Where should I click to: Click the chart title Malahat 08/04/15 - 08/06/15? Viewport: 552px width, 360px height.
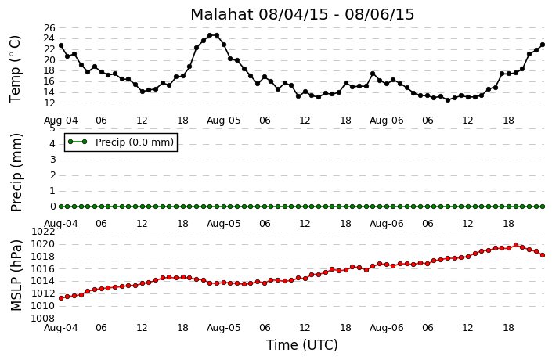pyautogui.click(x=302, y=14)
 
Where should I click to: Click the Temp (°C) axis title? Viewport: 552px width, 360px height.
pyautogui.click(x=15, y=70)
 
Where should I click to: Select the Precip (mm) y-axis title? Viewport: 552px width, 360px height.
pyautogui.click(x=16, y=172)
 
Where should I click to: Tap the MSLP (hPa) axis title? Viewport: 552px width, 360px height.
pyautogui.click(x=16, y=275)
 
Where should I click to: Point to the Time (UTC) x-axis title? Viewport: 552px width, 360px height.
pyautogui.click(x=302, y=345)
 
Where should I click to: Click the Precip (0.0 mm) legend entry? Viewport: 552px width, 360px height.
pyautogui.click(x=121, y=142)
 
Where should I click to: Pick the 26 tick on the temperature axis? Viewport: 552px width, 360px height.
pyautogui.click(x=50, y=28)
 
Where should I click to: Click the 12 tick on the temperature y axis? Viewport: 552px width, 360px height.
pyautogui.click(x=50, y=103)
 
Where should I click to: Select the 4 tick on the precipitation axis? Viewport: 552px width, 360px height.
pyautogui.click(x=52, y=144)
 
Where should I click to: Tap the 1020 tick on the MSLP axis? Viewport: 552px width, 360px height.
pyautogui.click(x=43, y=244)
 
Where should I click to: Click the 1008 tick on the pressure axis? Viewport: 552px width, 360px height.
pyautogui.click(x=43, y=319)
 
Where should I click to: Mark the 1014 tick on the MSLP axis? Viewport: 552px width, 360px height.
pyautogui.click(x=43, y=281)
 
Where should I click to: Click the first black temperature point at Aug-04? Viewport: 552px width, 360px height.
pyautogui.click(x=61, y=45)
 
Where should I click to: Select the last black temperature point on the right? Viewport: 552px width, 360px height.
pyautogui.click(x=543, y=45)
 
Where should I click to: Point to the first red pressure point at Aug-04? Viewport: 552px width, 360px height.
pyautogui.click(x=61, y=298)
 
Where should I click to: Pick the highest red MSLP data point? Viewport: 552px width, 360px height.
pyautogui.click(x=516, y=245)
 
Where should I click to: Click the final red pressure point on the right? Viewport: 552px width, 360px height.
pyautogui.click(x=543, y=255)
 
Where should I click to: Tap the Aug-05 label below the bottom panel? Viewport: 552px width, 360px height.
pyautogui.click(x=224, y=328)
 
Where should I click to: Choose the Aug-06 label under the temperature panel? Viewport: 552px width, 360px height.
pyautogui.click(x=387, y=121)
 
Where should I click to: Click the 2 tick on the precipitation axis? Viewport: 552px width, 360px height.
pyautogui.click(x=52, y=175)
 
